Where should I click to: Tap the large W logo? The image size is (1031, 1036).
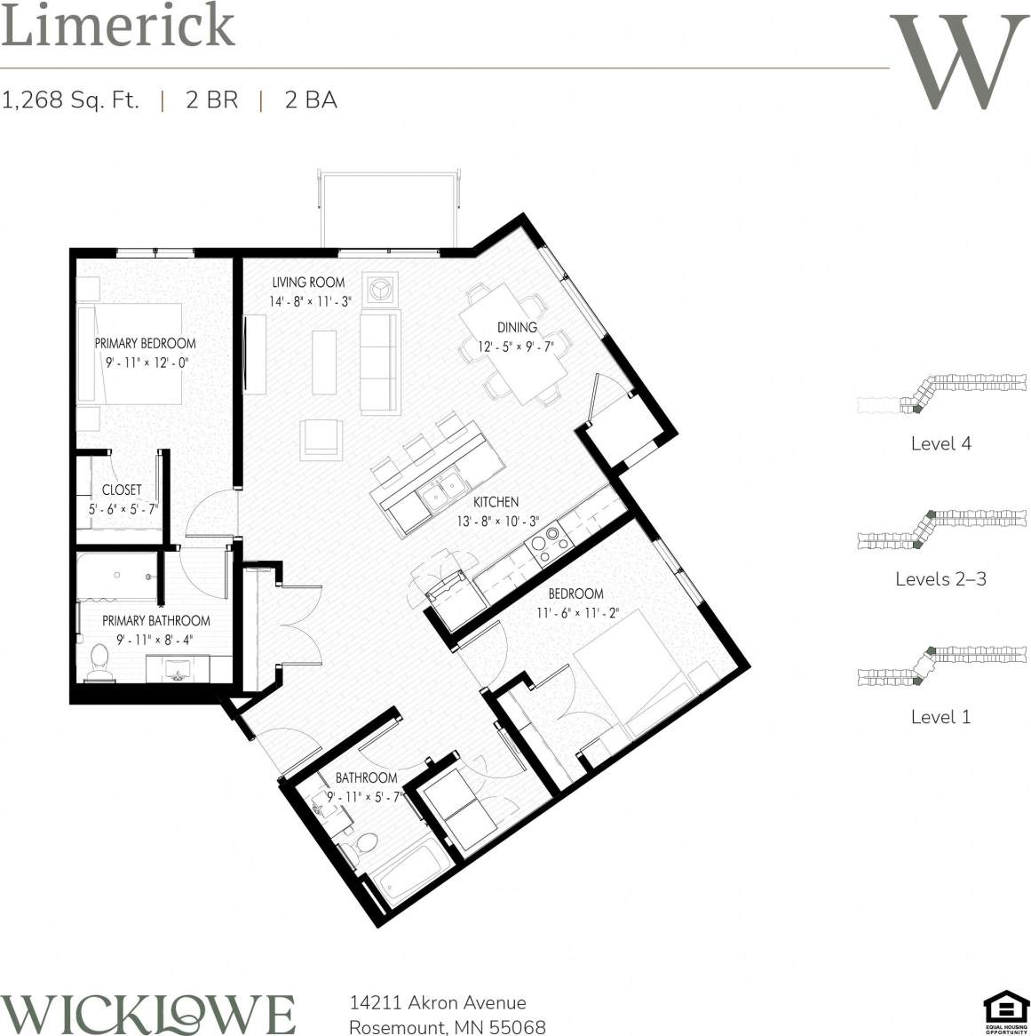click(958, 62)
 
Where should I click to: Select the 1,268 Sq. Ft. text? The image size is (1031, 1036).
click(71, 100)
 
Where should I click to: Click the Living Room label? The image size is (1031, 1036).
click(308, 283)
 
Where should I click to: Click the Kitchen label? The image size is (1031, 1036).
click(496, 502)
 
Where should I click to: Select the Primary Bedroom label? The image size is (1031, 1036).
click(145, 343)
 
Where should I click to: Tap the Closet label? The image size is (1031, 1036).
click(122, 490)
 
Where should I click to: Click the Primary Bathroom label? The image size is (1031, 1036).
click(155, 621)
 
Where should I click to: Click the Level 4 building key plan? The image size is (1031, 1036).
click(941, 394)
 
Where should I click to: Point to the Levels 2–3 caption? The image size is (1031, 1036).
click(940, 579)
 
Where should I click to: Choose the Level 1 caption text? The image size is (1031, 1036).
click(940, 717)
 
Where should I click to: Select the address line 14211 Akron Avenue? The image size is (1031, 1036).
click(438, 1003)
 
